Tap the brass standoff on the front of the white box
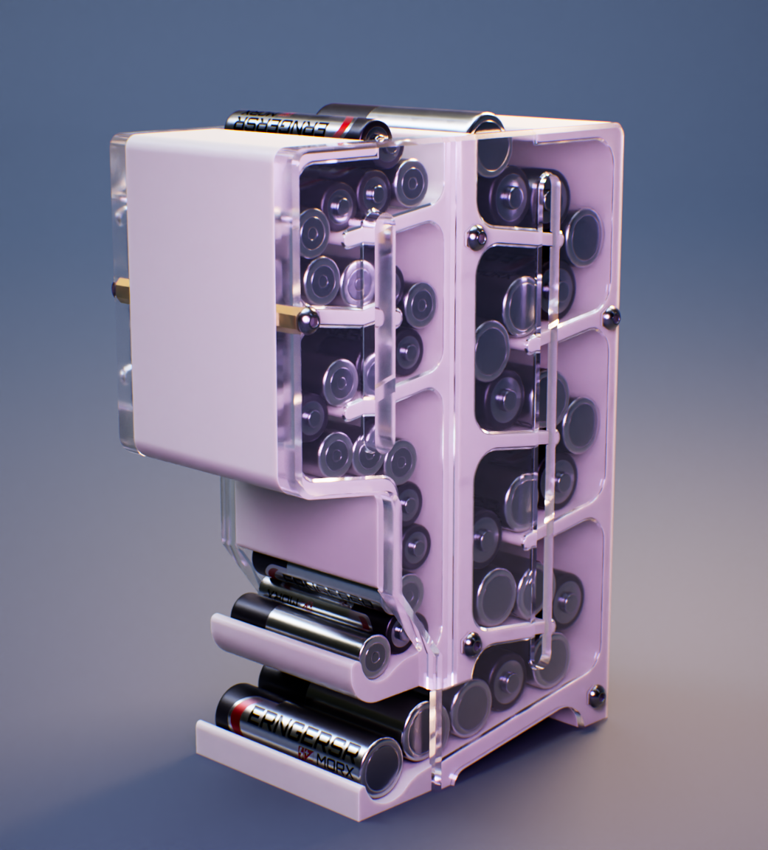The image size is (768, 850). point(288,319)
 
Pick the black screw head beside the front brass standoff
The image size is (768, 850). point(309,319)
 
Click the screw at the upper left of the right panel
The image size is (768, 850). point(476,237)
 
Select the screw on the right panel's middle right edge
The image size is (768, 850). point(611,317)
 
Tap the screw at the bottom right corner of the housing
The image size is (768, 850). point(596,696)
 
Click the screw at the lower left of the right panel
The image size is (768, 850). point(472,647)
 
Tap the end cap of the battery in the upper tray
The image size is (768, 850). point(375,655)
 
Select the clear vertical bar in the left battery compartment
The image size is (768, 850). point(385,332)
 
